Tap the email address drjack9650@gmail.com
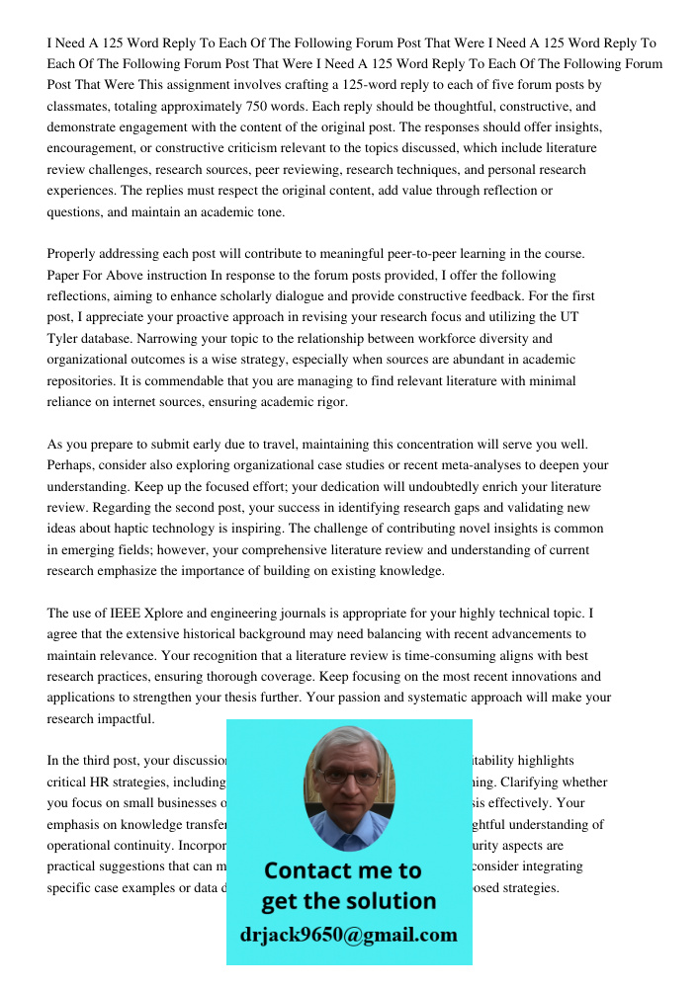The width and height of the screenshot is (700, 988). (x=348, y=935)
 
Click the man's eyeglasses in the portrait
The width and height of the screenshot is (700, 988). (x=349, y=778)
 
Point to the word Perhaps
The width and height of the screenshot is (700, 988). (x=73, y=465)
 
